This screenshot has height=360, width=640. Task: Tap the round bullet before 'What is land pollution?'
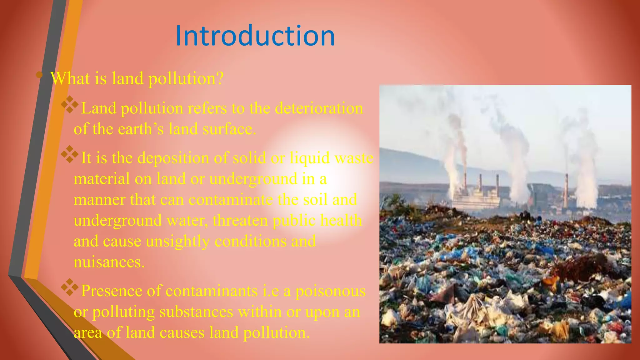pos(39,75)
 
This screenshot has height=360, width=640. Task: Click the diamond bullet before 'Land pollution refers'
pos(70,105)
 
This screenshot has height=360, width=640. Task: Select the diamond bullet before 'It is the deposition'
pos(70,154)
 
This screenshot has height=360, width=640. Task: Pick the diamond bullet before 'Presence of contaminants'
pos(70,287)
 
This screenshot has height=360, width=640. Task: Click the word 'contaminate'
pos(231,200)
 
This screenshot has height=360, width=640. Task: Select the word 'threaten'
pos(240,221)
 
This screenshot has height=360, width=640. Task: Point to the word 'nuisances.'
pos(109,262)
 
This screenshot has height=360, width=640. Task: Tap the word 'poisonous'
pos(330,291)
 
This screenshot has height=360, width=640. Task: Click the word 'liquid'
pos(309,158)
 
